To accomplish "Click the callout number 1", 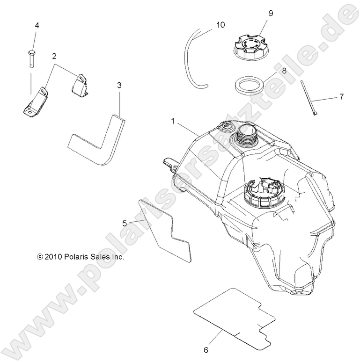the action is click(x=173, y=121).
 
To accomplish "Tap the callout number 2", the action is click(x=54, y=56).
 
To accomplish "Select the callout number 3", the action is click(x=119, y=85).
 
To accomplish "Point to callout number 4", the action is click(x=37, y=25).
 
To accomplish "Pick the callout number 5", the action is click(x=125, y=223).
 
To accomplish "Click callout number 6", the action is click(x=206, y=350).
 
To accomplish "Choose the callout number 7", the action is click(x=342, y=97).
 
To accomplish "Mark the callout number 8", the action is click(x=284, y=71).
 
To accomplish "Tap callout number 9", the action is click(x=271, y=14).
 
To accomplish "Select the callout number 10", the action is click(x=220, y=25).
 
